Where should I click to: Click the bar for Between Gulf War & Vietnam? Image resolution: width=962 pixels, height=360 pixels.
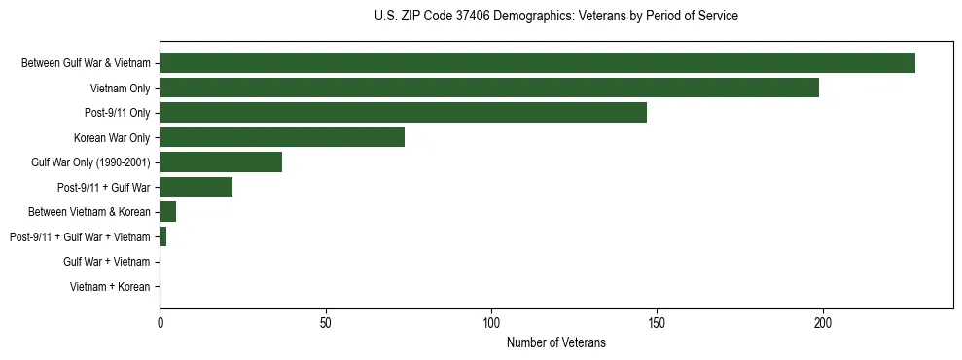(x=537, y=63)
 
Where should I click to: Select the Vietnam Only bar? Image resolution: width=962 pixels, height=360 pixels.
(x=489, y=89)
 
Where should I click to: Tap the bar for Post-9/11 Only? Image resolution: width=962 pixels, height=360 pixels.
(x=403, y=113)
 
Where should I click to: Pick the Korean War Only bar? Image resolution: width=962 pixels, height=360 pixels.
(x=282, y=137)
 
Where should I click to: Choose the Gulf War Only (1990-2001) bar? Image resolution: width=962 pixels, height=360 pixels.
(x=221, y=162)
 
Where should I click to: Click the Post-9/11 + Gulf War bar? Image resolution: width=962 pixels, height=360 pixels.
(x=196, y=187)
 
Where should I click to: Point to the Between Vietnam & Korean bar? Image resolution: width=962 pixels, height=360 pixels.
(x=167, y=212)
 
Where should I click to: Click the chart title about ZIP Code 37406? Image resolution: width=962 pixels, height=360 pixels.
(x=555, y=17)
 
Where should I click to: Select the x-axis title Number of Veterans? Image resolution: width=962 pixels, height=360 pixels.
(x=555, y=342)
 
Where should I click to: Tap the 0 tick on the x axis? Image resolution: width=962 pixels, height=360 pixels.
(x=160, y=322)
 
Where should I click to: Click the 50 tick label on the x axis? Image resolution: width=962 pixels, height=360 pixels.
(x=326, y=322)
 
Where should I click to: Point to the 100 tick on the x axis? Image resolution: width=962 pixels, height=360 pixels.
(x=491, y=322)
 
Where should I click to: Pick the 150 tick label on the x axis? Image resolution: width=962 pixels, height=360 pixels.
(x=657, y=322)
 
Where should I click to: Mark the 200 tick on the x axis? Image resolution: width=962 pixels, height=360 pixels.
(x=823, y=322)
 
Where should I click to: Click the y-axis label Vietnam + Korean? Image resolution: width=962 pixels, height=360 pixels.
(x=110, y=287)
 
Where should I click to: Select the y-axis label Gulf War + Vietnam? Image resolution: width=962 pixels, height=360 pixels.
(x=107, y=262)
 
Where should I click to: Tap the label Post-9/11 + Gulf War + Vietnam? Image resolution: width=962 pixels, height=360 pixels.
(x=80, y=237)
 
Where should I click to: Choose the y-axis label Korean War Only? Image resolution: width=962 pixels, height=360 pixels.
(x=112, y=138)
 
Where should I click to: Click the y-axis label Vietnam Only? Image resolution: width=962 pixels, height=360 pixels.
(x=120, y=89)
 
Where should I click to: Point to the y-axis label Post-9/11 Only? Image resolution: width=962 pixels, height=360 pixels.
(x=118, y=113)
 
